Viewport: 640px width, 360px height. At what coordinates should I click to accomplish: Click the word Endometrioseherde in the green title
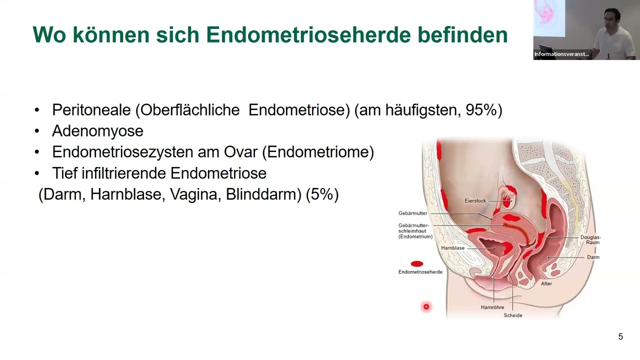[x=309, y=35]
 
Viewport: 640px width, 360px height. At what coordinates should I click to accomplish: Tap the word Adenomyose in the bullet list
[x=97, y=131]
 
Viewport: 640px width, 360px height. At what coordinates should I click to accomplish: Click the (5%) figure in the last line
[x=322, y=194]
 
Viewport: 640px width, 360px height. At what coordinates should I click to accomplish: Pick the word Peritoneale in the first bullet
[x=91, y=109]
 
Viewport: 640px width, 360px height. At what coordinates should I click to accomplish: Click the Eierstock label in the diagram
[x=475, y=201]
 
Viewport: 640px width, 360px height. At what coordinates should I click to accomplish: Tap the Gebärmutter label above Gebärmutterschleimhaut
[x=413, y=213]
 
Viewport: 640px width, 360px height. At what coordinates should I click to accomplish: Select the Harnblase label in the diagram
[x=452, y=248]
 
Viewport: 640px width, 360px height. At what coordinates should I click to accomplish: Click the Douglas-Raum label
[x=590, y=240]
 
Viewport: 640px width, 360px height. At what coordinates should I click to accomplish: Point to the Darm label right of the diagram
[x=593, y=257]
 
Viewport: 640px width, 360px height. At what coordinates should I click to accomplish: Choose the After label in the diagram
[x=546, y=283]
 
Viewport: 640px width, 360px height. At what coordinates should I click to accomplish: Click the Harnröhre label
[x=492, y=307]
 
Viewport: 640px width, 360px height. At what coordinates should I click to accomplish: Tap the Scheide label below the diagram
[x=513, y=315]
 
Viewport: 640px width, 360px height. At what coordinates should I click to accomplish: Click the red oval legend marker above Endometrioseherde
[x=417, y=263]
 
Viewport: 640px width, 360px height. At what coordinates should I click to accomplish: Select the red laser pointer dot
[x=426, y=306]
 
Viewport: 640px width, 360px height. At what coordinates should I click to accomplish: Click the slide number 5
[x=620, y=336]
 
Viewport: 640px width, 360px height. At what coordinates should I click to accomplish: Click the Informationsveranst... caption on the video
[x=561, y=54]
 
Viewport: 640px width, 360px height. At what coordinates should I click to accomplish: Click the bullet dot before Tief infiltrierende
[x=36, y=173]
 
